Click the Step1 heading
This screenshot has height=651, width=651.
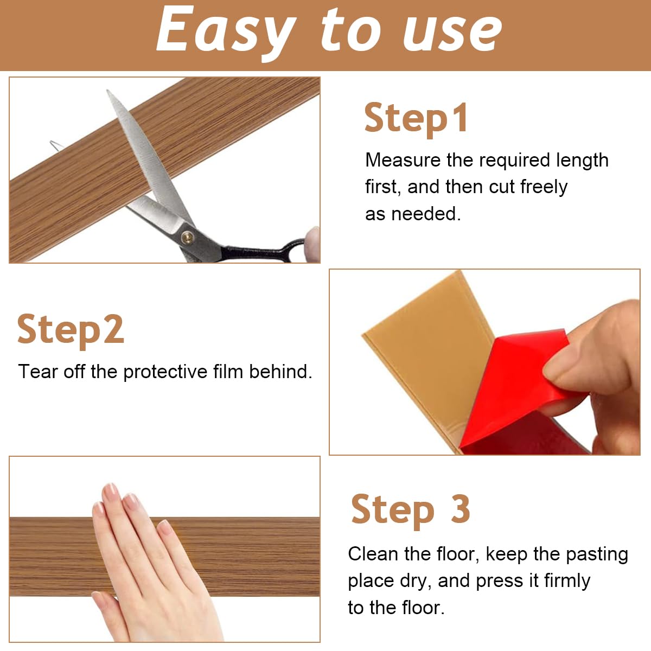[416, 118]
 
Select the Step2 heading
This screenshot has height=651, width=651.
[71, 329]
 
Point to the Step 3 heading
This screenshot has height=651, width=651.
[410, 509]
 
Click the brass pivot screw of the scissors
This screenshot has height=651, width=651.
[188, 236]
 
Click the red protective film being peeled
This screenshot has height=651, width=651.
[515, 391]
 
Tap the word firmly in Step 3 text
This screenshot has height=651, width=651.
[567, 581]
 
